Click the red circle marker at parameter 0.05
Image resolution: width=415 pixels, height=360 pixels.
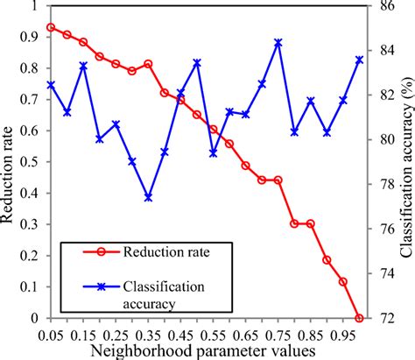coord(51,27)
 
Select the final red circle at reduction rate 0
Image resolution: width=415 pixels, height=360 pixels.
coord(359,318)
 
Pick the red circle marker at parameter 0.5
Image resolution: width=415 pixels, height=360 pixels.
coord(197,115)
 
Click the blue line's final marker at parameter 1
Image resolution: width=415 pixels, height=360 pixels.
coord(359,60)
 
